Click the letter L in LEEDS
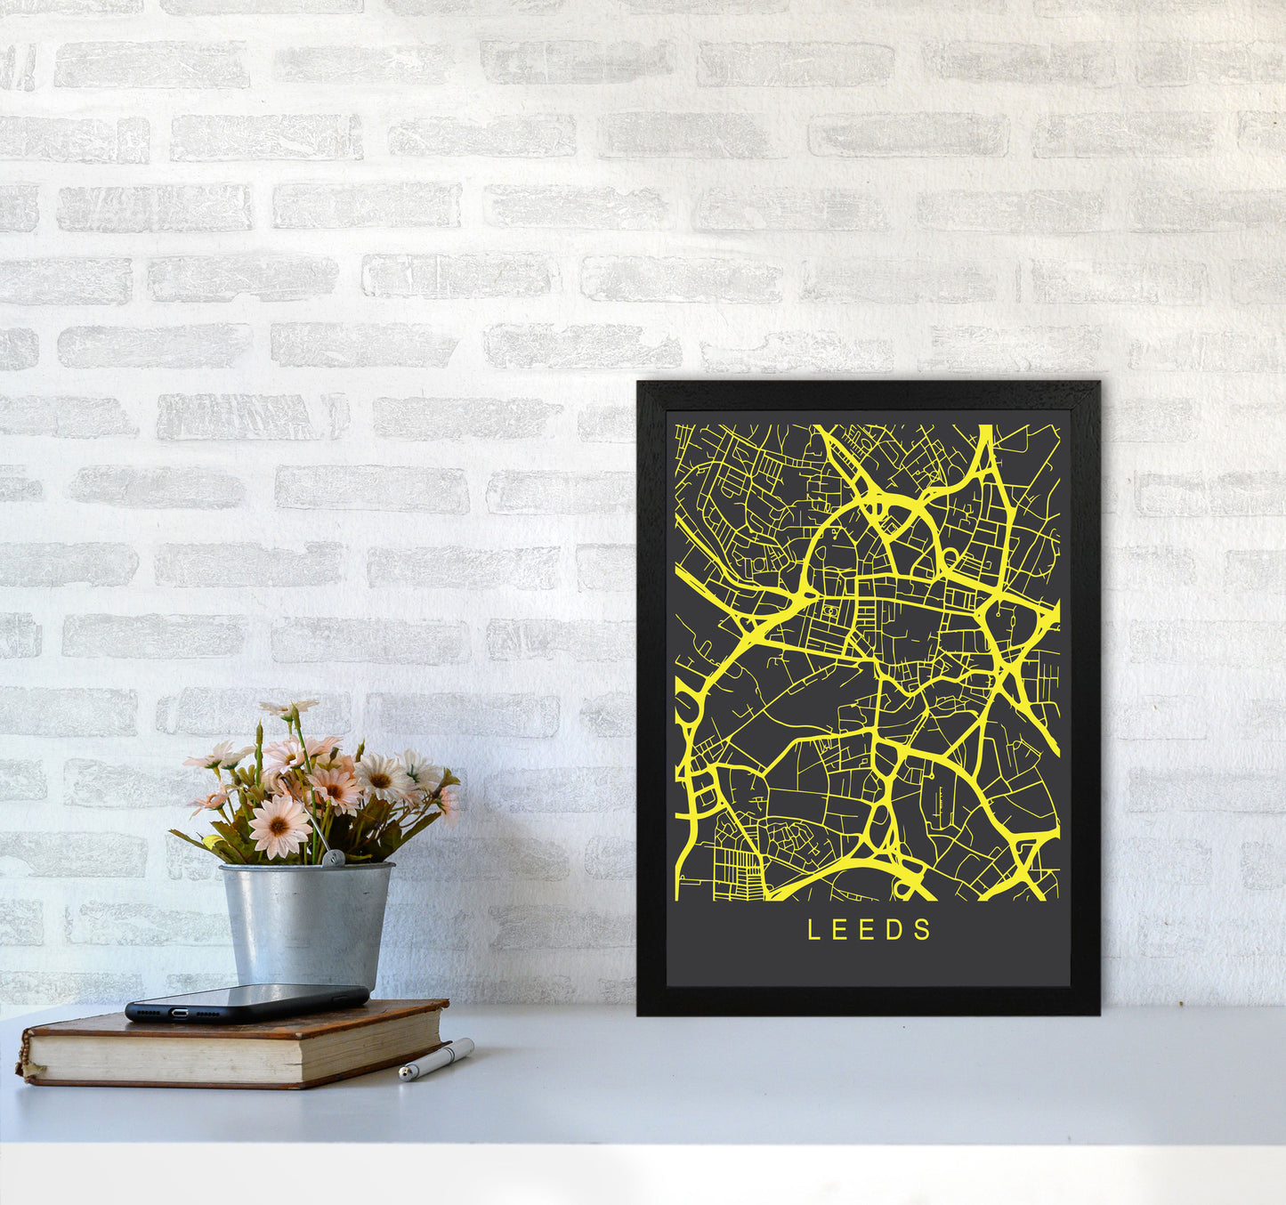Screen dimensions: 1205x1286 tap(813, 930)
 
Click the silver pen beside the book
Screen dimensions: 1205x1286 tap(436, 1059)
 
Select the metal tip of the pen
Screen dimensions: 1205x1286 tap(405, 1074)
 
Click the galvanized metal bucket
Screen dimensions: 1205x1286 tap(306, 926)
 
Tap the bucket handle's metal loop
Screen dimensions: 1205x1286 tap(332, 858)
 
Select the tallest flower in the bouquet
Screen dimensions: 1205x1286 tap(289, 709)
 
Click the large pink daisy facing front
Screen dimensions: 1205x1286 tap(279, 825)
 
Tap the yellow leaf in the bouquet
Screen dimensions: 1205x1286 tap(212, 843)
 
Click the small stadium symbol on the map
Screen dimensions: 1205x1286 tap(830, 611)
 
